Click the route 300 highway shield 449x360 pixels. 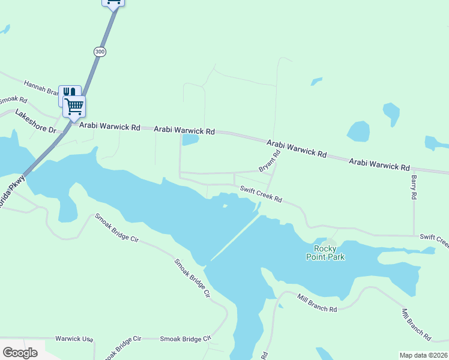100,52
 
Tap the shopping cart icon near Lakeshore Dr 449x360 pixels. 74,106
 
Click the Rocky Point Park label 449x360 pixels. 329,253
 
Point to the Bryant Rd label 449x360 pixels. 270,161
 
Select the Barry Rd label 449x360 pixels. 414,187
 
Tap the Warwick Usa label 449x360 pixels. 74,339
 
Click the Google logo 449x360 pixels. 20,353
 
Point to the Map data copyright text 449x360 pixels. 423,355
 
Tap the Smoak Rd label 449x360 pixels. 13,100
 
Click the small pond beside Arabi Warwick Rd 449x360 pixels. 190,140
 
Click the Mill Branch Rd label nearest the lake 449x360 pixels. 318,303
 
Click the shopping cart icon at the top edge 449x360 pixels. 113,2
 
